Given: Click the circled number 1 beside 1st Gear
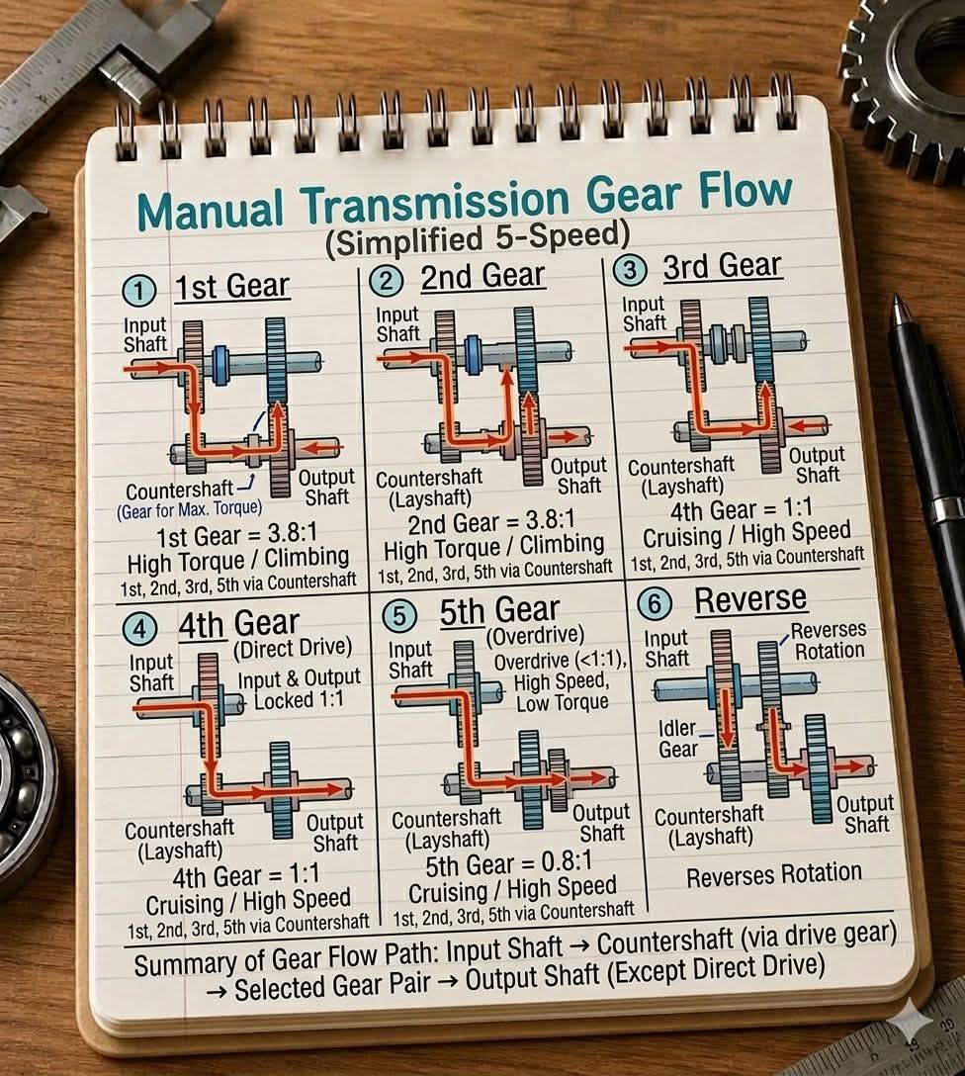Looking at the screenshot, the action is coord(139,291).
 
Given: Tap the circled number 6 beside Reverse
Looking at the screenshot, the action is coord(654,603).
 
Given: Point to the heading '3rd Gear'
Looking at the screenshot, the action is coord(722,266).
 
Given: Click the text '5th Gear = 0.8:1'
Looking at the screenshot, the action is coord(508,864).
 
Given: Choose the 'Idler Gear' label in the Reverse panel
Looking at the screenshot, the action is coord(677,739).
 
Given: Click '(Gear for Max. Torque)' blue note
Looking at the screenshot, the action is coord(189,509).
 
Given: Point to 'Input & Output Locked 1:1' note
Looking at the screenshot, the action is coord(299,689).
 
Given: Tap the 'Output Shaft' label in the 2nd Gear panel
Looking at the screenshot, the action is coord(578,476).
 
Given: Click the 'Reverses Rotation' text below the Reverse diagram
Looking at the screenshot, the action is coord(773,874).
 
